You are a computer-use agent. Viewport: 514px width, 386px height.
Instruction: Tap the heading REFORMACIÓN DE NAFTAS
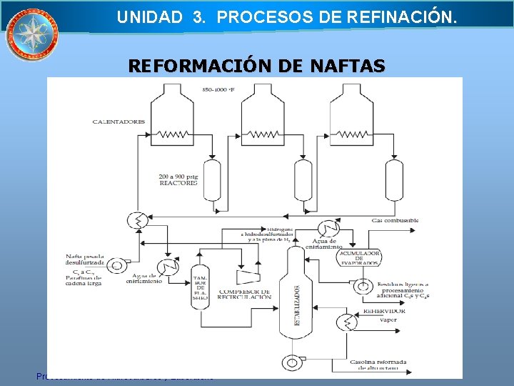(256, 66)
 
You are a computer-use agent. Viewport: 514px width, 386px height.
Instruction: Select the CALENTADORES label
(119, 122)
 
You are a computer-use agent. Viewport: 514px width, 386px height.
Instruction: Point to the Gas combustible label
(395, 220)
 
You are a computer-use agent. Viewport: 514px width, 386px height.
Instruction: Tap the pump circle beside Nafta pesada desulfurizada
(118, 265)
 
